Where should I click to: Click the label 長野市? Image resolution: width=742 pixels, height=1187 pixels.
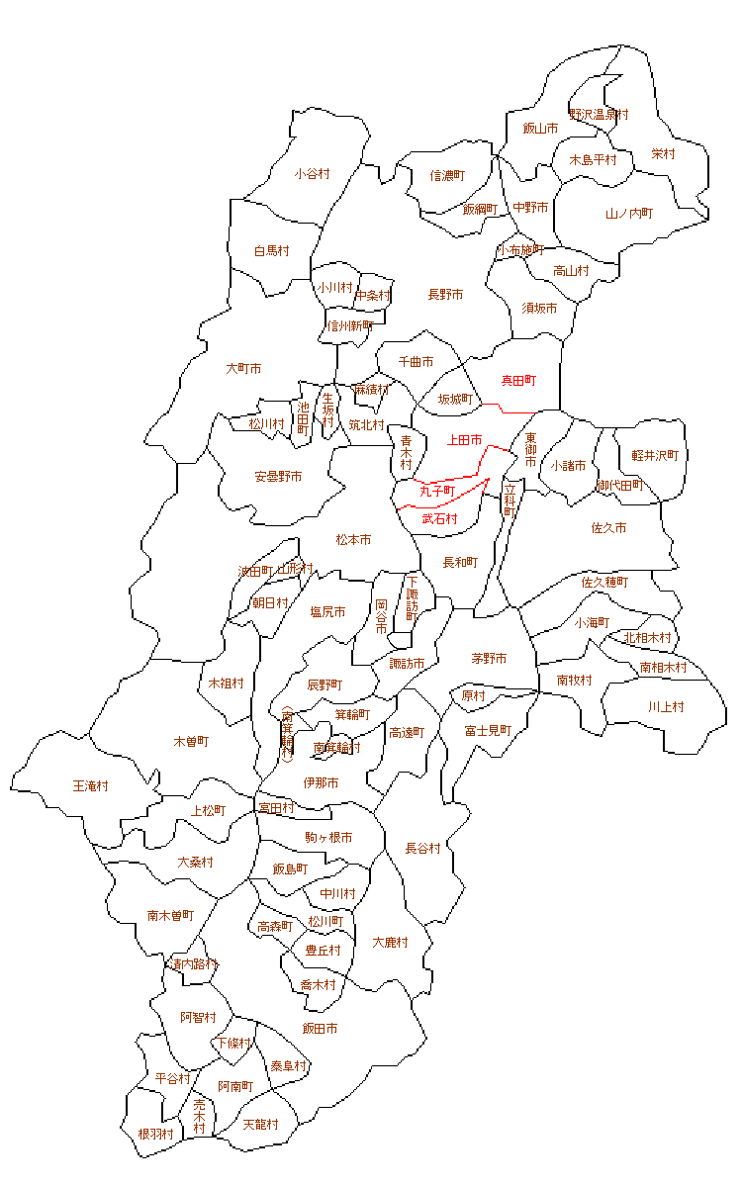pos(445,295)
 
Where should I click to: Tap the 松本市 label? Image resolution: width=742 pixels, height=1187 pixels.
pos(353,540)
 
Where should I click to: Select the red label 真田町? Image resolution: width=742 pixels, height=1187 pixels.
pos(518,380)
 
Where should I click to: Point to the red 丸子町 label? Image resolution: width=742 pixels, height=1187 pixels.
pos(436,491)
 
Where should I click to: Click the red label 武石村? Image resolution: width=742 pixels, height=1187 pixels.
pos(440,518)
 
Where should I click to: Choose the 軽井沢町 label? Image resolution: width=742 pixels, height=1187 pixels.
pos(655,456)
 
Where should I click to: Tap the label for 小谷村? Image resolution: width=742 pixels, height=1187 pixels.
pos(312,174)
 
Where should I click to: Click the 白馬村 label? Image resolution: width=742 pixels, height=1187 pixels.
pos(271,251)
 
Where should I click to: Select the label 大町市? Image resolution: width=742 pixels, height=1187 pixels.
pos(243,369)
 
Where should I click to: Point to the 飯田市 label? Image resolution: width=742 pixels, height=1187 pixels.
pos(320,1029)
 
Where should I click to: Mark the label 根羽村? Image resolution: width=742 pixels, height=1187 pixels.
pos(156,1134)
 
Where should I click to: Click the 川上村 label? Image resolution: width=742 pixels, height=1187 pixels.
pos(666,707)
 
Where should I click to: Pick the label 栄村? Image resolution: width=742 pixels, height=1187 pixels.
pos(663,154)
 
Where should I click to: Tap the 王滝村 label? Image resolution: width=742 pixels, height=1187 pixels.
pos(91,786)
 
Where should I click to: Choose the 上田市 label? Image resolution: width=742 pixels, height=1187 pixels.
pos(464,439)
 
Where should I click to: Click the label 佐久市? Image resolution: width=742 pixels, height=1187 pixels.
pos(608,528)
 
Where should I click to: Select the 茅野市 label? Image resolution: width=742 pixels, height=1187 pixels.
pos(489,659)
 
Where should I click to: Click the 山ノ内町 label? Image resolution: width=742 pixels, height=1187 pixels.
pos(629,214)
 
